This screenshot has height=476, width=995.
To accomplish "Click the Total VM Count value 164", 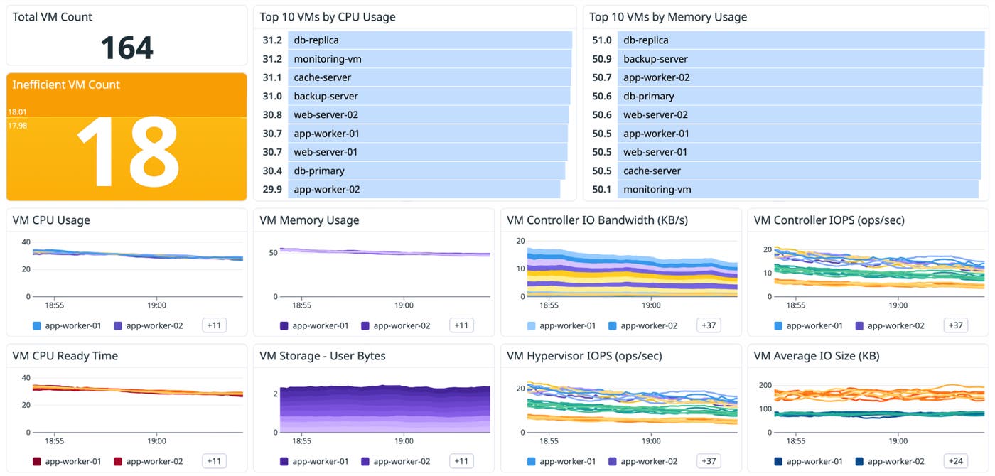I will click(127, 48).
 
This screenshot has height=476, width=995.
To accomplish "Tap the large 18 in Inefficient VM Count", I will click(127, 151).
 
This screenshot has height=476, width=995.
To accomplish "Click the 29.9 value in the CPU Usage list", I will click(271, 190).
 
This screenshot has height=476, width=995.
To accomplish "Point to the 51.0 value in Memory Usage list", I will click(601, 40).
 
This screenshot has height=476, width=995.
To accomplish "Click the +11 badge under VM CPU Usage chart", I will click(214, 325).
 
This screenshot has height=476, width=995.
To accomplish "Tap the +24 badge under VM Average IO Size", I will click(955, 461).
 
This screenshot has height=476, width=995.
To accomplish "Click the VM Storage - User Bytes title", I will click(323, 356).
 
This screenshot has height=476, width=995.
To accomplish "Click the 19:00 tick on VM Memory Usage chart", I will click(404, 305).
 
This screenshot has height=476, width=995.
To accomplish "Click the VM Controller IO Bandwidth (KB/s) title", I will click(598, 220).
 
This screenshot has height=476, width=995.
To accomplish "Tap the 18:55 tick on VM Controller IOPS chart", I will click(796, 305).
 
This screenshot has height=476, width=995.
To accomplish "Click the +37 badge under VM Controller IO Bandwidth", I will click(709, 325).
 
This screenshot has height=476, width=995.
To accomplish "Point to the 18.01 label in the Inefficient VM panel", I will click(17, 112).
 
